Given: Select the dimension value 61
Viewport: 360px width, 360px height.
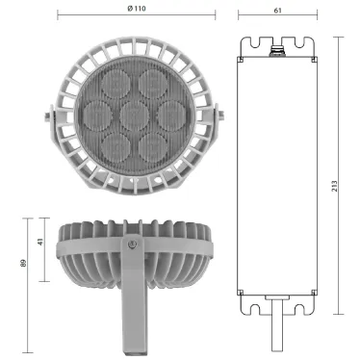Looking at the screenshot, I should [x=277, y=8].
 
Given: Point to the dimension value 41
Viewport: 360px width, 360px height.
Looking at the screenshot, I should [x=39, y=244].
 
